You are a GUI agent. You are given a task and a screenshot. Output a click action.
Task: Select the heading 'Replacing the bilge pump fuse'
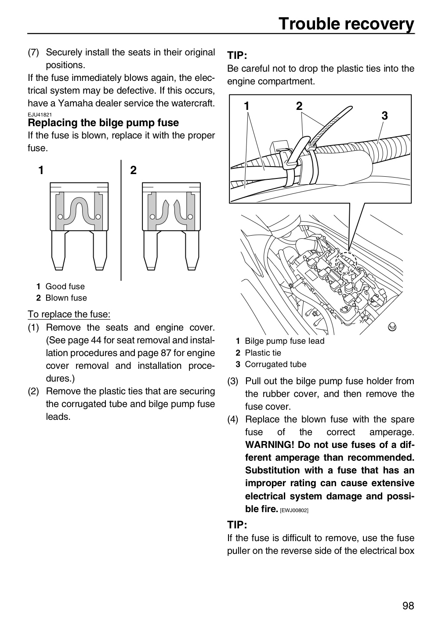point(103,123)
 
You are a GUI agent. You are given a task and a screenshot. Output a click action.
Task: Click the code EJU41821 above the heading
point(40,115)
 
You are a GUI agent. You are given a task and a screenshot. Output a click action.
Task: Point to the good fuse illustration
point(79,226)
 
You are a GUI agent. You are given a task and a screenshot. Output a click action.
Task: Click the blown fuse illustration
point(171,226)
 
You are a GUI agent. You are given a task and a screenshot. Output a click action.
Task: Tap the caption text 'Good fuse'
point(65,286)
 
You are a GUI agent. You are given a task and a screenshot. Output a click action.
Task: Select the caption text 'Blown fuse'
point(66,298)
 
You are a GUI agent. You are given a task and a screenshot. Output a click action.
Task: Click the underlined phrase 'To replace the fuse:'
point(69,314)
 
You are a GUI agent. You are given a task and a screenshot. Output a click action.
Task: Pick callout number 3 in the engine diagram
point(384,116)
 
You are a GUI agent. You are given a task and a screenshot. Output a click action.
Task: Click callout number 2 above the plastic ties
point(299,106)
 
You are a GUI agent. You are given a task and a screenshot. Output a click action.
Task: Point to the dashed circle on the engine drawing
point(346,262)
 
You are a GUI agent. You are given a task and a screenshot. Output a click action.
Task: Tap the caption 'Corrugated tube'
point(275,364)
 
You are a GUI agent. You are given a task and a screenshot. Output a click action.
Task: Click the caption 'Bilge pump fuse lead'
point(284,341)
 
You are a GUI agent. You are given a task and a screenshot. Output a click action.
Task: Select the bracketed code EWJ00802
point(294,510)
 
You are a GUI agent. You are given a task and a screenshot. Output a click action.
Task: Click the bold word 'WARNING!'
point(270,444)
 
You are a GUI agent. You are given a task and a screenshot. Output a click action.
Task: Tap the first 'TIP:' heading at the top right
point(237,55)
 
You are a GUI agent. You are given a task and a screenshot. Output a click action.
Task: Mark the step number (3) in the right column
point(233,381)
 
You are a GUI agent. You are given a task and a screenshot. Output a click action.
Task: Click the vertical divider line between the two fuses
point(121,220)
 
